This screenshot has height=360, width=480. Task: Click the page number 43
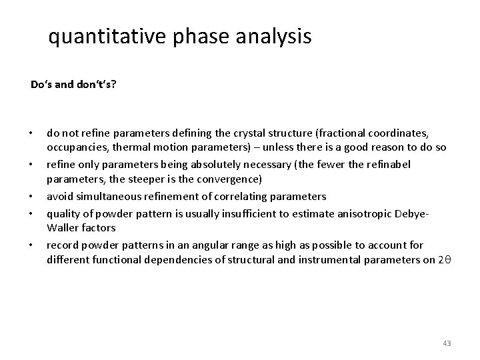[447, 343]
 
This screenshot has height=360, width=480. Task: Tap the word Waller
[62, 227]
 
